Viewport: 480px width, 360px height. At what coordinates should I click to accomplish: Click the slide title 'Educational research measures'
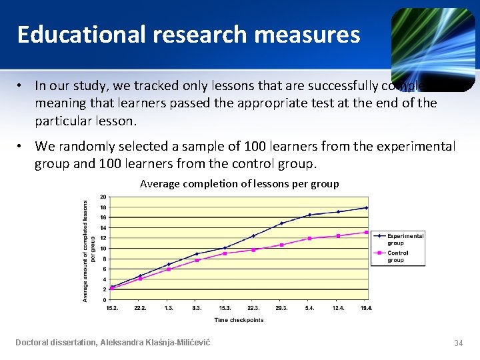pyautogui.click(x=188, y=34)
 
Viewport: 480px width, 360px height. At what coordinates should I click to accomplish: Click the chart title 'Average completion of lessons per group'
pyautogui.click(x=239, y=183)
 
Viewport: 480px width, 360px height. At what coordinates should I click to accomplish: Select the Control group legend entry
pyautogui.click(x=399, y=256)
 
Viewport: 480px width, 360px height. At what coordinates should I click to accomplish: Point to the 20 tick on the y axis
pyautogui.click(x=103, y=197)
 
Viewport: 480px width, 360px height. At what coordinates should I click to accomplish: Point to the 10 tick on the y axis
pyautogui.click(x=103, y=248)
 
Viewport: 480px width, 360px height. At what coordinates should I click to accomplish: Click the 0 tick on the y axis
pyautogui.click(x=104, y=300)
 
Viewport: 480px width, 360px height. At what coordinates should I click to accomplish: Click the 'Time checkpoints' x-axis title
pyautogui.click(x=239, y=320)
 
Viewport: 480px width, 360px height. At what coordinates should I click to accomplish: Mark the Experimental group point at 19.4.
pyautogui.click(x=366, y=207)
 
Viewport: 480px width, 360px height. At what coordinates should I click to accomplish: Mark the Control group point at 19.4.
pyautogui.click(x=366, y=233)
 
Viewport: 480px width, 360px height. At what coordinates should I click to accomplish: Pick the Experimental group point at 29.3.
pyautogui.click(x=281, y=223)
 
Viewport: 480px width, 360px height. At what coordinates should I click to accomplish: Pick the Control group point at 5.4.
pyautogui.click(x=309, y=238)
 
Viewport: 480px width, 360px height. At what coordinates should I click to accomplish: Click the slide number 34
pyautogui.click(x=458, y=343)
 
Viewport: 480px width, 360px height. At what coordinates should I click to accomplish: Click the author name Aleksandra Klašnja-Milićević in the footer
pyautogui.click(x=155, y=342)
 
